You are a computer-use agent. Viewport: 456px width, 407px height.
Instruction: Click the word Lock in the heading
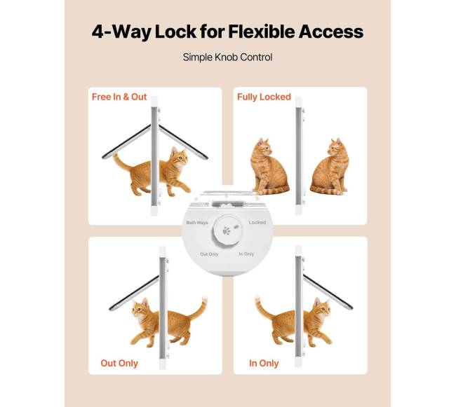(175, 32)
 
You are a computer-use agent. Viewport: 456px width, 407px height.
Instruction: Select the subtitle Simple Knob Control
(228, 57)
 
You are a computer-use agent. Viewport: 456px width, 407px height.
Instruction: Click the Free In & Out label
(119, 97)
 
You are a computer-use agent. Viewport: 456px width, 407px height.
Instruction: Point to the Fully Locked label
(264, 97)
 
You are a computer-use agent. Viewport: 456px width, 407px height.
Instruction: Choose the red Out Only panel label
(119, 363)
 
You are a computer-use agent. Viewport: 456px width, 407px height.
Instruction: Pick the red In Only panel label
(264, 363)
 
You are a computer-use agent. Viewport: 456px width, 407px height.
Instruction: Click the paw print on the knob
(227, 231)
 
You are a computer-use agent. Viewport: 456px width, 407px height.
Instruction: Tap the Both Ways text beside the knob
(197, 223)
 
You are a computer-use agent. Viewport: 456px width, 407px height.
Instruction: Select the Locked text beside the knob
(257, 222)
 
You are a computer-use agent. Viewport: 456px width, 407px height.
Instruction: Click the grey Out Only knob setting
(209, 254)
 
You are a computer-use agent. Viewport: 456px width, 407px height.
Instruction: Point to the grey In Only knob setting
(247, 254)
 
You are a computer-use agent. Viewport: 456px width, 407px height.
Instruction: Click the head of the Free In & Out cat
(179, 156)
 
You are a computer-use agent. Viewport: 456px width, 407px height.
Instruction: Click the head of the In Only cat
(322, 308)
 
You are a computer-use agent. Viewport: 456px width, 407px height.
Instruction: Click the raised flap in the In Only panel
(328, 291)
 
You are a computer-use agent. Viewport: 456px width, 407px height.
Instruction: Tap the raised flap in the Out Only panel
(135, 294)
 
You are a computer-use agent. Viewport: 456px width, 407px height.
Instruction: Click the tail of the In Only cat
(264, 307)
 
